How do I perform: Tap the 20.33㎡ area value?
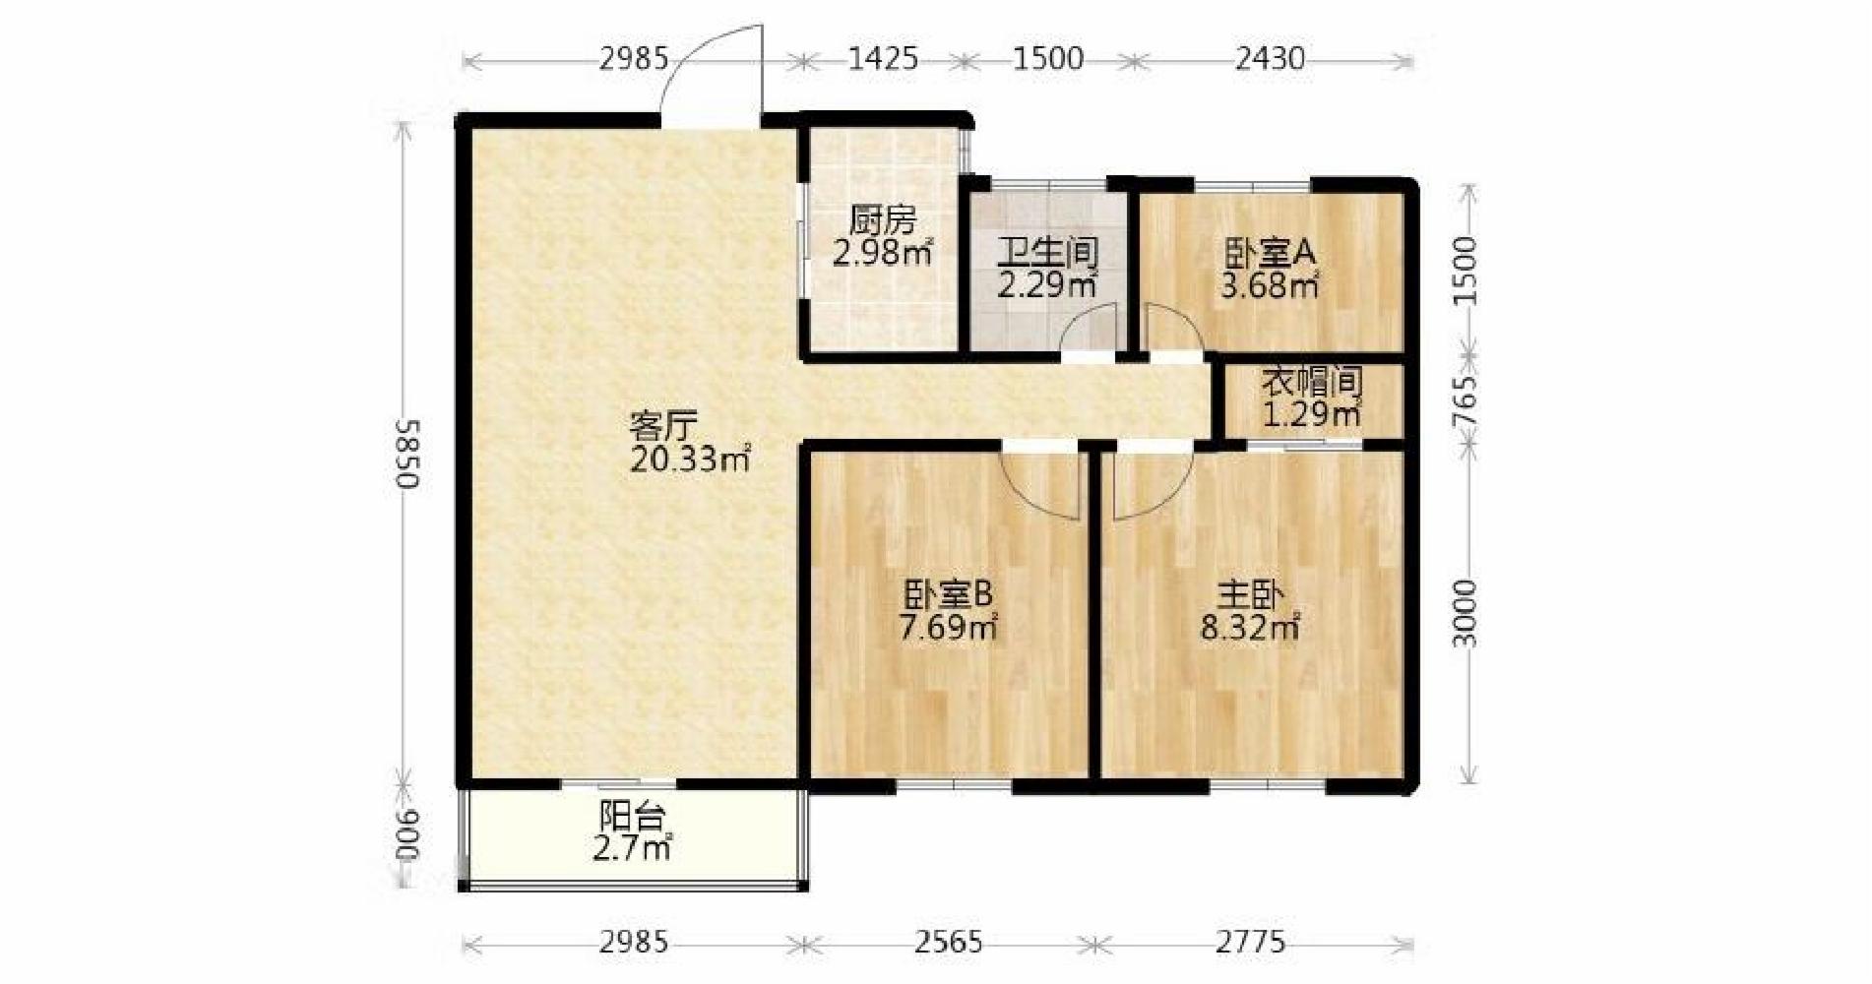pos(691,460)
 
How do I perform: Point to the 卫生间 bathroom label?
pos(1047,253)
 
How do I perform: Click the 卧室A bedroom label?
pos(1270,253)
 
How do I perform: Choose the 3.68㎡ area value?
pos(1270,286)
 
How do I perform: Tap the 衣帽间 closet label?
pos(1312,382)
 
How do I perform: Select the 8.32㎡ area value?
pos(1250,627)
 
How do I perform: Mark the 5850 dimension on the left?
pos(407,454)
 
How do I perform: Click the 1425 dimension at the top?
pos(883,59)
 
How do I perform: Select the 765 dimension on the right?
pos(1466,400)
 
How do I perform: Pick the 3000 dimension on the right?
pos(1466,613)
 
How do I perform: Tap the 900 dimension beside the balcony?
pos(407,836)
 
